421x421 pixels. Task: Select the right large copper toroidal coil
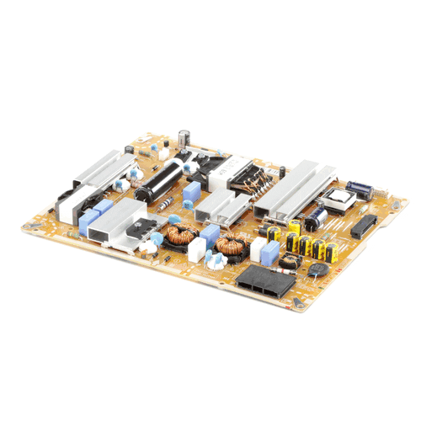tap(227, 247)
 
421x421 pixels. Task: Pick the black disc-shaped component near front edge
tap(317, 270)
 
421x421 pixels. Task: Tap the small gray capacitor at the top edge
tap(183, 136)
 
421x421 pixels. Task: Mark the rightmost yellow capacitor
tap(328, 248)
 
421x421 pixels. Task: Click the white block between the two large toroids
tap(197, 250)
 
